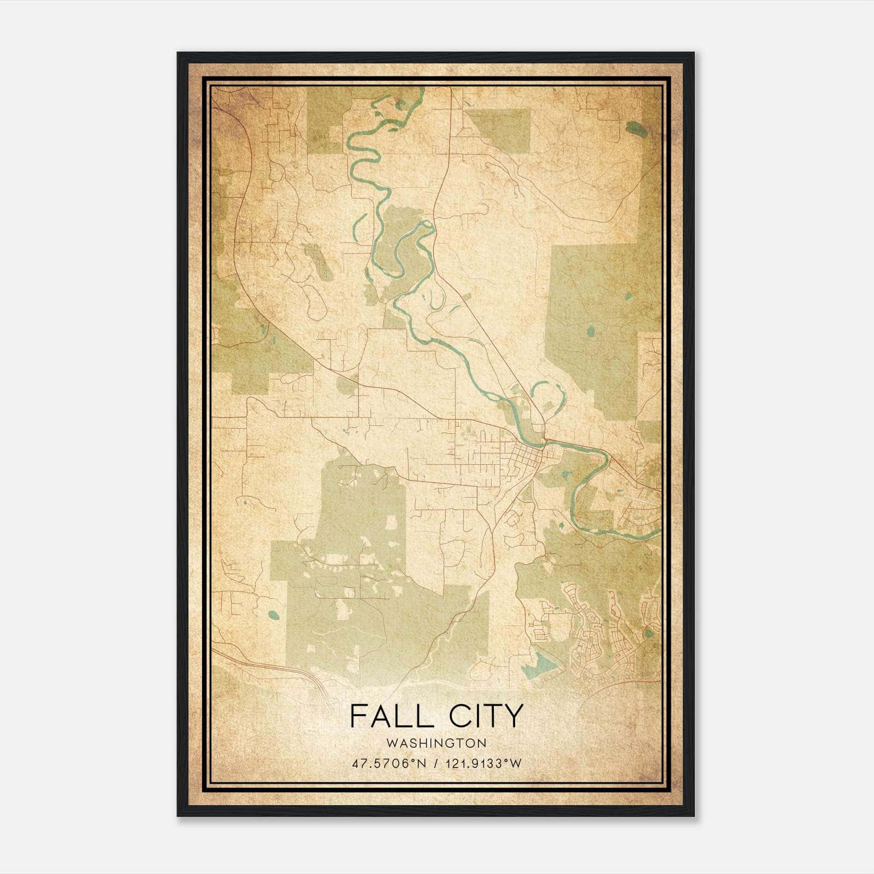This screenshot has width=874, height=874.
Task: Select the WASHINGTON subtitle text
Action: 436,743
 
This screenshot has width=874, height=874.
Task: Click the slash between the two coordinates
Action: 435,763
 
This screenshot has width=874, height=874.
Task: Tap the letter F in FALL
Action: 357,716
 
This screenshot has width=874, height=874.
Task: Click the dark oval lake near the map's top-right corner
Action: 635,129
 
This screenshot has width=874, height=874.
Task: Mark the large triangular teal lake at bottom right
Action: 541,664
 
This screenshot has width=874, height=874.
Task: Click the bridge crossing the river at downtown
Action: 545,441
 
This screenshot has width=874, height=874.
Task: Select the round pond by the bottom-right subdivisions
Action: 648,633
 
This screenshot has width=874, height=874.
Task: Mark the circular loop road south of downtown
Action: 513,520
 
